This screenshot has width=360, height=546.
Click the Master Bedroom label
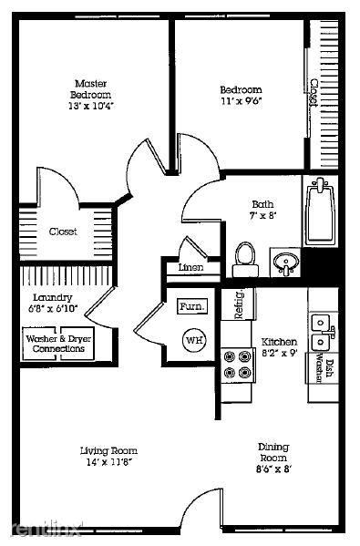[x=92, y=88]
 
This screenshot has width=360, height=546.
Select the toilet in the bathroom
[x=244, y=257]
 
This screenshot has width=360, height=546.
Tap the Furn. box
[x=191, y=306]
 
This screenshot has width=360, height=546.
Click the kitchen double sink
[x=320, y=332]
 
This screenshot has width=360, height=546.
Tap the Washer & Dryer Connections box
[x=58, y=344]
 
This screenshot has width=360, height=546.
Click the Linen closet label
[x=190, y=267]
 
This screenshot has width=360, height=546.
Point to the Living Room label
[x=108, y=449]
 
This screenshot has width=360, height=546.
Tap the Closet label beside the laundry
[x=63, y=232]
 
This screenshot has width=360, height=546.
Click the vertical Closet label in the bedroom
[x=313, y=93]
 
